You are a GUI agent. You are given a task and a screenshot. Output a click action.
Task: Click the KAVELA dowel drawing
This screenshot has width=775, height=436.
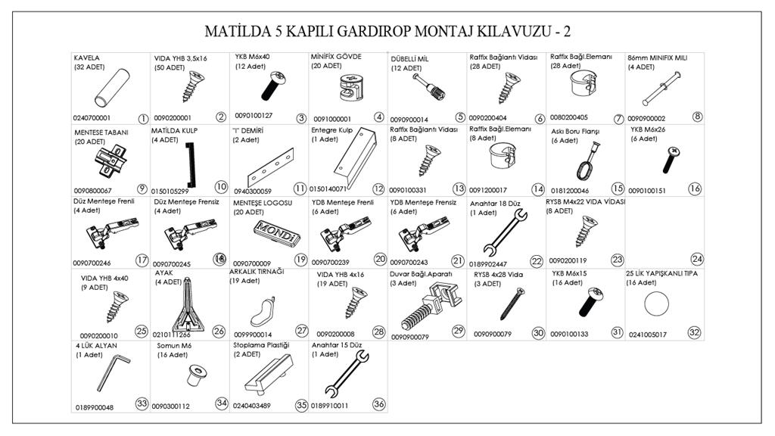tap(112, 89)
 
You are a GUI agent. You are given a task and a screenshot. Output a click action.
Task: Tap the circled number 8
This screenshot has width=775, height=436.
tap(697, 117)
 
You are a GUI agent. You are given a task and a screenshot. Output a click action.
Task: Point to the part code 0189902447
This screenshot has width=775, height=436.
tap(488, 263)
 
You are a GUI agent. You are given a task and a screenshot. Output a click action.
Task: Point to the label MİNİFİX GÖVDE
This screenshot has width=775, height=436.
tap(337, 57)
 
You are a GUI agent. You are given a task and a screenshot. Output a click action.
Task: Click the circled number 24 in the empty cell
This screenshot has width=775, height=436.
tap(697, 259)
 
